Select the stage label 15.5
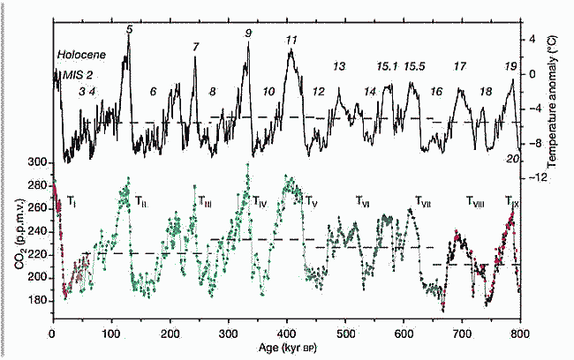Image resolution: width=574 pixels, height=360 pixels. [417, 66]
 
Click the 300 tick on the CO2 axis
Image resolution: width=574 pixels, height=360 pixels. [37, 163]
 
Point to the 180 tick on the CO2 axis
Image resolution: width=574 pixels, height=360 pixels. [37, 300]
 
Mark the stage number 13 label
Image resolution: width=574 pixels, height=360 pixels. [339, 66]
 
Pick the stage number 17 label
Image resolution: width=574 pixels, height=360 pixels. [459, 66]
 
